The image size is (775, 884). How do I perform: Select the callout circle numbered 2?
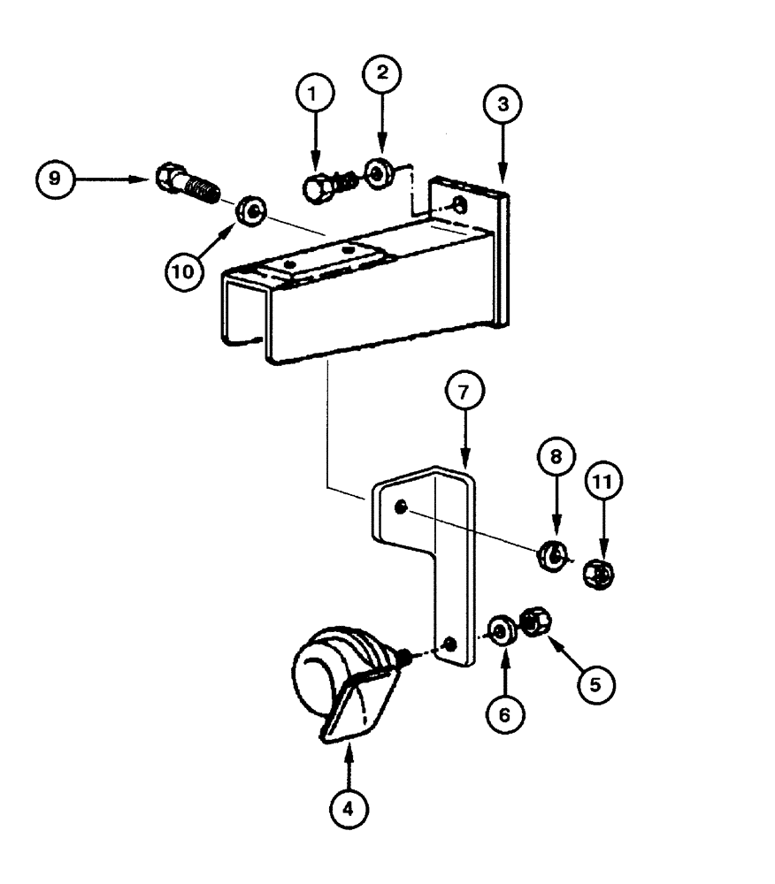382,74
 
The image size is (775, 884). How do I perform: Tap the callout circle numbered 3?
503,104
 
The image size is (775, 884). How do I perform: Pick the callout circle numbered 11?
605,483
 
